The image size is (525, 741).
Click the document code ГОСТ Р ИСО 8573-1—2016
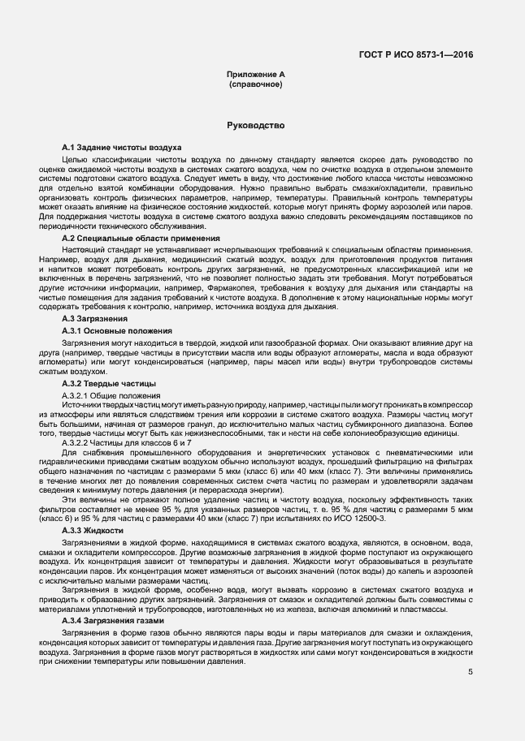[415, 55]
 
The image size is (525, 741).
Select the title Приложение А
[255, 75]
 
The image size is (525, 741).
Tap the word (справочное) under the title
[255, 84]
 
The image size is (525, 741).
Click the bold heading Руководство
[255, 126]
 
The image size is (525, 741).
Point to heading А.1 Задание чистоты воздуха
[121, 147]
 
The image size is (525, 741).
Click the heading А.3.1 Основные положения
[117, 331]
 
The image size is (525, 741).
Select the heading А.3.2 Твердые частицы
[110, 382]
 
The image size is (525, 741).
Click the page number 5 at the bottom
[470, 672]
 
